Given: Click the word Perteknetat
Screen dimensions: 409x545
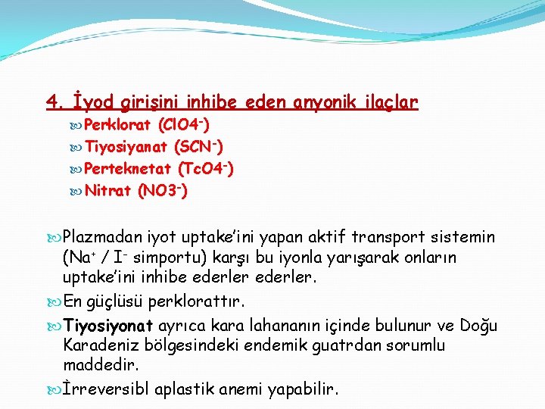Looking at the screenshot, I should tap(126, 168).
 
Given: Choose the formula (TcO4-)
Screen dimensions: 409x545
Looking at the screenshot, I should tap(205, 168).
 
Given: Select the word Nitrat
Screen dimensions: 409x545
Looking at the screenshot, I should tap(107, 190).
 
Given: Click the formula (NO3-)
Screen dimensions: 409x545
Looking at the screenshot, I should tap(163, 190).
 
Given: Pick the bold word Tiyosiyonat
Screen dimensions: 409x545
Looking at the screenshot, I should tap(111, 326).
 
